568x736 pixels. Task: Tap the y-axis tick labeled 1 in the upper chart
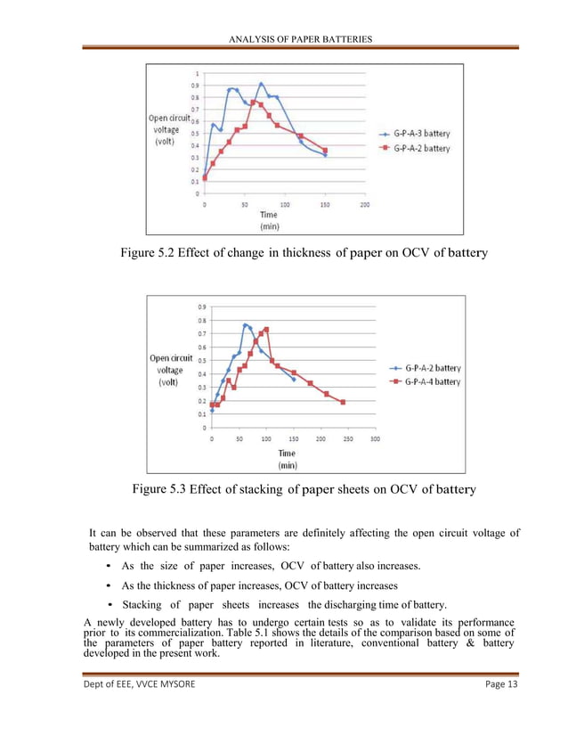198,73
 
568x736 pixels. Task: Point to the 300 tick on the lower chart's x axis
375,438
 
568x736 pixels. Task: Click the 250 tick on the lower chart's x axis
347,438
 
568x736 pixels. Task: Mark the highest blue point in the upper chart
261,84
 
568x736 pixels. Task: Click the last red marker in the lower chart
343,402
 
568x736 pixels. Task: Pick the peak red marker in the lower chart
266,329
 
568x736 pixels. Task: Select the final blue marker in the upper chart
325,155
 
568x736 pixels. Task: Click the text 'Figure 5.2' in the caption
145,253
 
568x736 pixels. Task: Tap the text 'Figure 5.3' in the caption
158,488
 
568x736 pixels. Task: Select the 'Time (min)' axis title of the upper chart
268,220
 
